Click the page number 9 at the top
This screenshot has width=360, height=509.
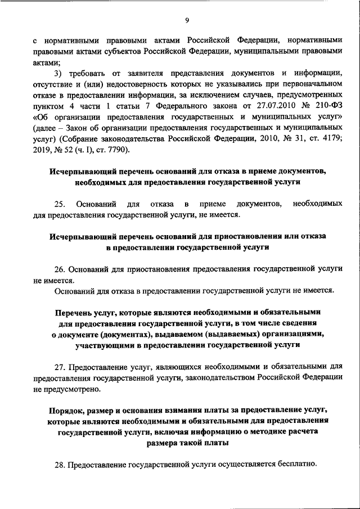[x=187, y=21]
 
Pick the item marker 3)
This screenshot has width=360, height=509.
[x=58, y=75]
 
